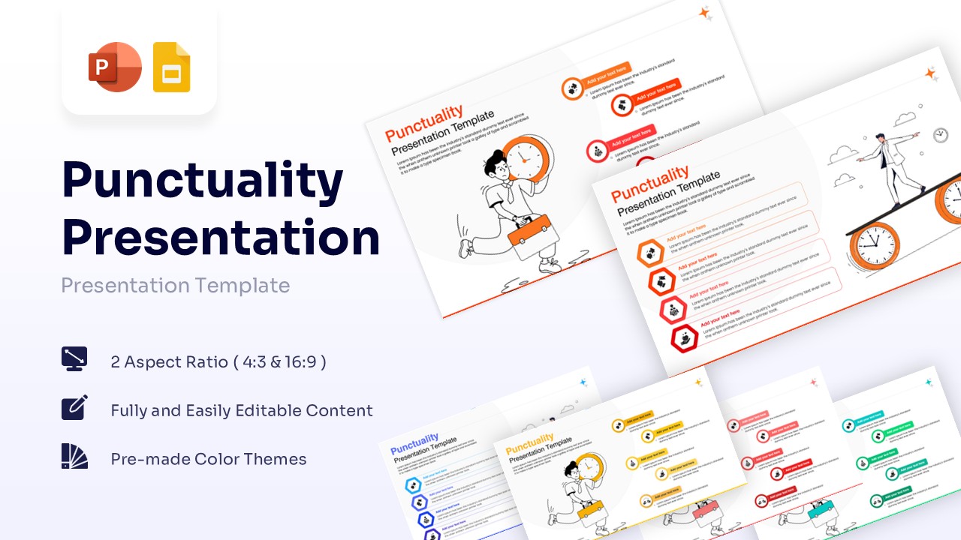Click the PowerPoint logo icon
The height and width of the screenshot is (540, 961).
pyautogui.click(x=115, y=67)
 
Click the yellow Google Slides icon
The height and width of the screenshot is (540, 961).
pyautogui.click(x=171, y=67)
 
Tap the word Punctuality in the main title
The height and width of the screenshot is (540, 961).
pyautogui.click(x=203, y=181)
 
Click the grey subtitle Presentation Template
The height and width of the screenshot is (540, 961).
pyautogui.click(x=175, y=286)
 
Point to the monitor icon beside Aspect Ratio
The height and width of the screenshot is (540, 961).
pyautogui.click(x=74, y=359)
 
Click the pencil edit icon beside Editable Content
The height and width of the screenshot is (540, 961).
pyautogui.click(x=74, y=407)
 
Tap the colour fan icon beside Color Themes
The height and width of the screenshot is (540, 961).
pyautogui.click(x=74, y=456)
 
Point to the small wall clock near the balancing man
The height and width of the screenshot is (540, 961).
pyautogui.click(x=940, y=135)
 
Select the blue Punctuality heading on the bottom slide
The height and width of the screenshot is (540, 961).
pyautogui.click(x=414, y=442)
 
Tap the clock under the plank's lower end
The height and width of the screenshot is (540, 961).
pyautogui.click(x=874, y=247)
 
